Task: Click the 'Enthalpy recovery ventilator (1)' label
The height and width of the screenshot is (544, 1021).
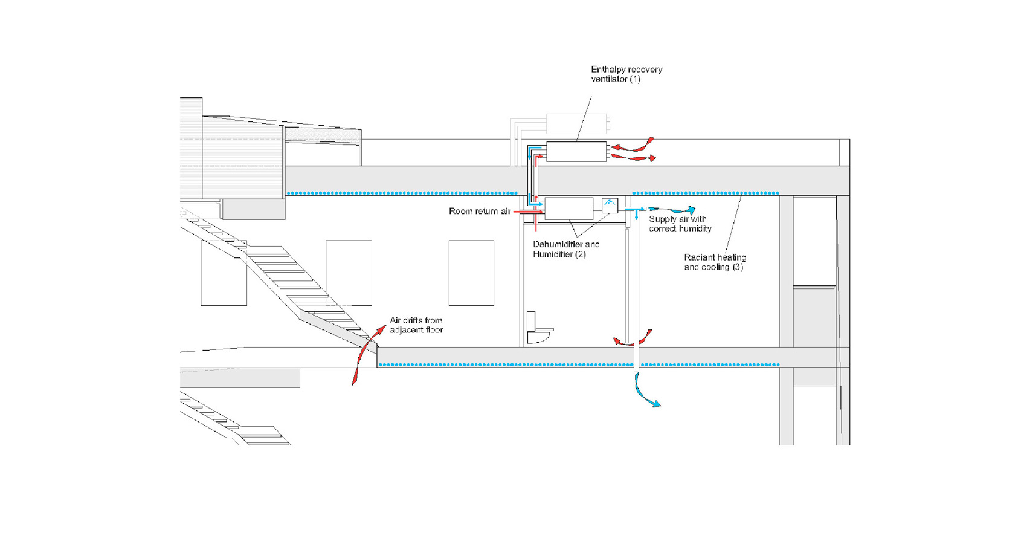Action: (626, 74)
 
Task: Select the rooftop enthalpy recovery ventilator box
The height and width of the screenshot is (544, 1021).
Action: (576, 151)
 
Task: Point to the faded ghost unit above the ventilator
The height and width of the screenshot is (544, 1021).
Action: (576, 123)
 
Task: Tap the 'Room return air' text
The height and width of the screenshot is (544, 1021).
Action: (480, 211)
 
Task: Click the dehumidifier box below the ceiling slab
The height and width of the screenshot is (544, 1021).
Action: (569, 209)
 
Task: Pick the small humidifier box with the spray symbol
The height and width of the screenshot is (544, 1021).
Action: (610, 206)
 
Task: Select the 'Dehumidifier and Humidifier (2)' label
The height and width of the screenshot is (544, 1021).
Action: (566, 250)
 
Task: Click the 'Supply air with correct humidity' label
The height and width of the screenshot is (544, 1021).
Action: (680, 224)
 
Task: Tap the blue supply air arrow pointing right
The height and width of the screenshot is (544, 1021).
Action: (672, 210)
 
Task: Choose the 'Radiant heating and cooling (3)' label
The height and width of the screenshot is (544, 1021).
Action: (715, 262)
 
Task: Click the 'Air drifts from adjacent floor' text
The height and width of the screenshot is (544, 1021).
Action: (416, 325)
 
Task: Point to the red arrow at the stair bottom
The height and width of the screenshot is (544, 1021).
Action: (369, 355)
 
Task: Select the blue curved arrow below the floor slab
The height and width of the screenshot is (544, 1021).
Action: (643, 392)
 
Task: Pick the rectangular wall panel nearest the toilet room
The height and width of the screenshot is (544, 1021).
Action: (471, 273)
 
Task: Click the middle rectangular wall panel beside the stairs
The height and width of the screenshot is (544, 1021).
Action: (349, 273)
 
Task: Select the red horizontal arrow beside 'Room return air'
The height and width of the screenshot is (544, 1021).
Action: (528, 212)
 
